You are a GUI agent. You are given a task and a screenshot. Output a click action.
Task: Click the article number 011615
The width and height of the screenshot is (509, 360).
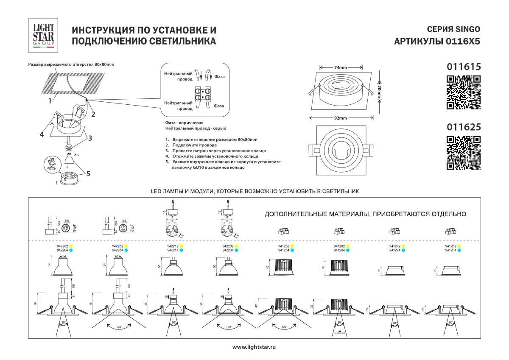464,67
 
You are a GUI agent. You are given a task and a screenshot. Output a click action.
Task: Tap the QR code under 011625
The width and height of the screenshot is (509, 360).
464,153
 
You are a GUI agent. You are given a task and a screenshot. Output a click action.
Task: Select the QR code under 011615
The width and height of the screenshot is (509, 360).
464,92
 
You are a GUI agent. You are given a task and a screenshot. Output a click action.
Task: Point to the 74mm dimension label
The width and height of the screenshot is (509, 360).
341,67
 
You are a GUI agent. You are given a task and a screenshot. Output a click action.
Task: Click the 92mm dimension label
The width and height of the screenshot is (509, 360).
340,118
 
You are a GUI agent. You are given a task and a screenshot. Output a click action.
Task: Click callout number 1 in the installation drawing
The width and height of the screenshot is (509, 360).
50,100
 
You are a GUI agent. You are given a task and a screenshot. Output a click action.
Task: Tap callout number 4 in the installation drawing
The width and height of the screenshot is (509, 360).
42,134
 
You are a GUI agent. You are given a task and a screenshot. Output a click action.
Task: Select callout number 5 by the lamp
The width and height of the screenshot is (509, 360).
88,173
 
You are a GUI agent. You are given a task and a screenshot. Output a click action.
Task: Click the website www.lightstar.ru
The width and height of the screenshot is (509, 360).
255,347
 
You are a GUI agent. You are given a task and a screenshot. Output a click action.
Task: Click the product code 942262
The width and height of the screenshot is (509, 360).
62,246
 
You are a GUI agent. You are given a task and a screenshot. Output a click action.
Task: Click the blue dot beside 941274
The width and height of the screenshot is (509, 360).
403,251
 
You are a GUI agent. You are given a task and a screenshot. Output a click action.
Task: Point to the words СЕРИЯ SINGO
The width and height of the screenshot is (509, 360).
453,30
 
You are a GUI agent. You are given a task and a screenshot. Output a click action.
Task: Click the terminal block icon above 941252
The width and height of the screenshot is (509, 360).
283,231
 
